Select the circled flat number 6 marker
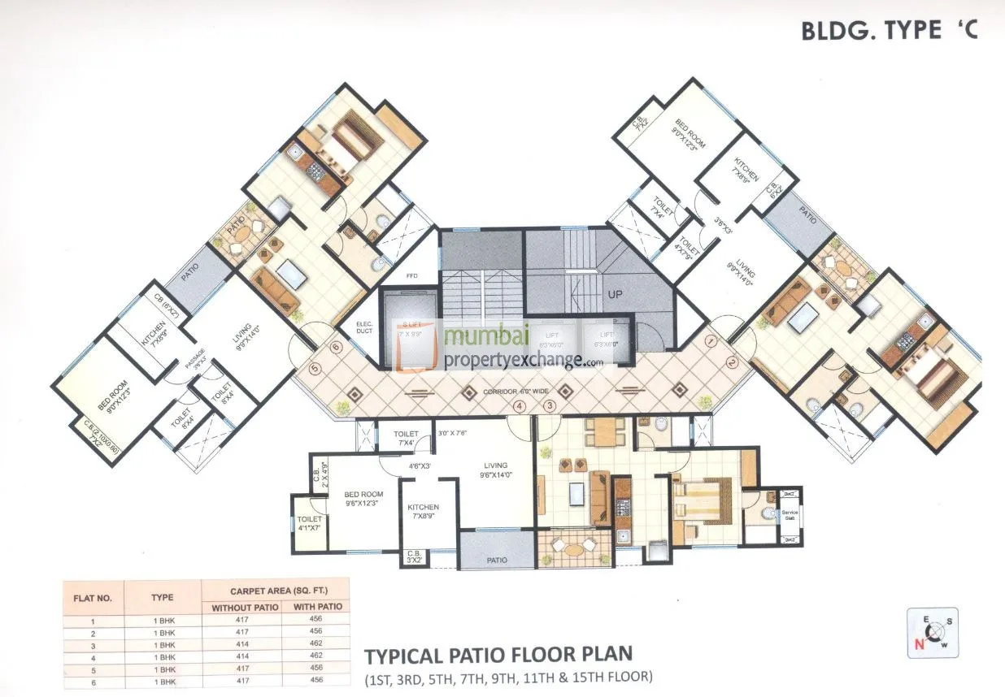click(x=336, y=347)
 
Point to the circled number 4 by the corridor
click(x=519, y=405)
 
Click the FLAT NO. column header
click(x=94, y=597)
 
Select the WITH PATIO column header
click(x=315, y=607)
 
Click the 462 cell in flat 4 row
click(x=315, y=655)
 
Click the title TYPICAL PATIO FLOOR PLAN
click(x=498, y=655)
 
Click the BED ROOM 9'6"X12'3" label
click(x=363, y=498)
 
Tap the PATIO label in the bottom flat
click(x=497, y=560)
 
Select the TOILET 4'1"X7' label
click(x=311, y=523)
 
